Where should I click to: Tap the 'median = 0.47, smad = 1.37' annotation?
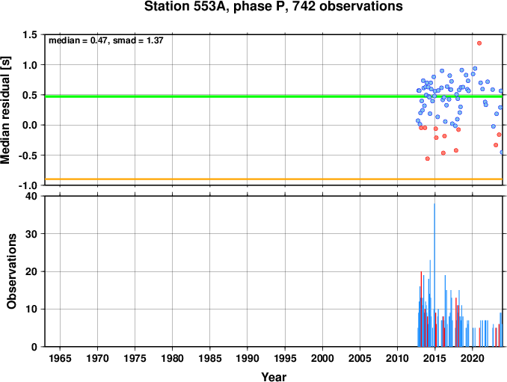click(x=105, y=40)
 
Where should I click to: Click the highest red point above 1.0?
click(x=479, y=43)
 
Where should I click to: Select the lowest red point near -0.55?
click(x=428, y=158)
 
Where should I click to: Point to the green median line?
click(x=274, y=96)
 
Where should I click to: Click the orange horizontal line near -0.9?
click(x=274, y=179)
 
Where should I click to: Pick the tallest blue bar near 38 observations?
click(x=434, y=275)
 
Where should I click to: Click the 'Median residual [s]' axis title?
click(x=5, y=110)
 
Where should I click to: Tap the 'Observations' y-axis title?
click(x=12, y=271)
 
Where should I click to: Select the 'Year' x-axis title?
click(x=274, y=377)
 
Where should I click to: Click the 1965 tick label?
click(x=60, y=358)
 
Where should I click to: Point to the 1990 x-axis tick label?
click(x=248, y=358)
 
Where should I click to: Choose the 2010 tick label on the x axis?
click(x=397, y=358)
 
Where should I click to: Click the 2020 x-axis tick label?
click(x=473, y=358)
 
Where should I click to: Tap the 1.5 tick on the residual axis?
click(x=30, y=34)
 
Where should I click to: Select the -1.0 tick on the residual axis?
click(x=28, y=185)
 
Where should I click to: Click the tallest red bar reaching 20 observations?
click(x=421, y=309)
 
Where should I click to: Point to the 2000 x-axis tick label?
click(x=322, y=358)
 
